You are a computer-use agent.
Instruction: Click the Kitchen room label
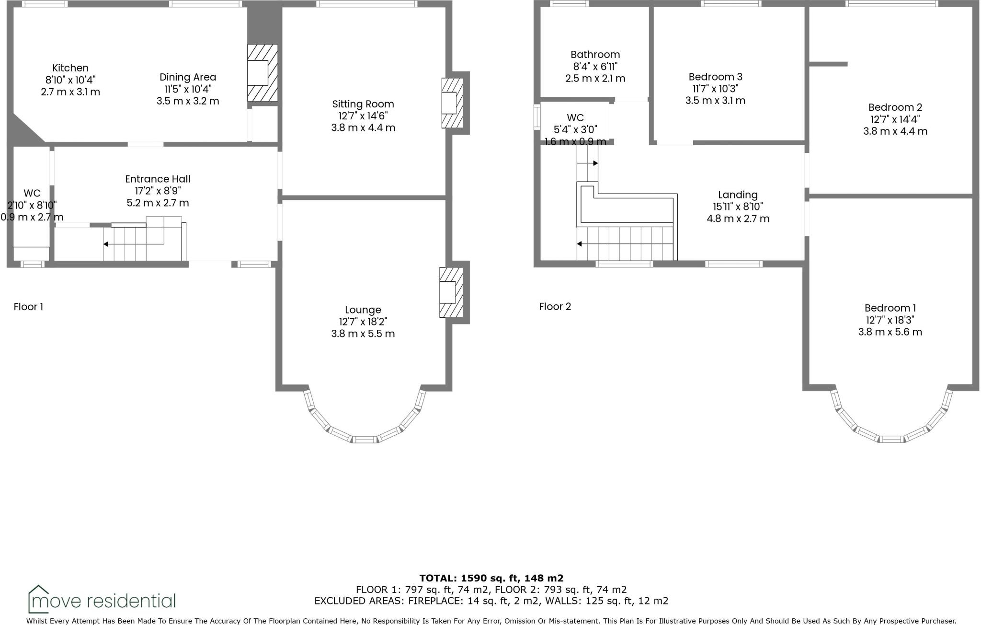coord(70,68)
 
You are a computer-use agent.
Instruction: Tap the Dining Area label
coord(188,77)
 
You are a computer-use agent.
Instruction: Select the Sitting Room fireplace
coord(451,103)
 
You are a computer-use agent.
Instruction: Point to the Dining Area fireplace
coord(262,73)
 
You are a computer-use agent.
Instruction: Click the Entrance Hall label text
coord(158,179)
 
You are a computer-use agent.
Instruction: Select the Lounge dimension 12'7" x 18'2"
coord(363,322)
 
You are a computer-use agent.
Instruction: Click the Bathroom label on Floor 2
coord(595,55)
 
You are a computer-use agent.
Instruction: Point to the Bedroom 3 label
coord(715,77)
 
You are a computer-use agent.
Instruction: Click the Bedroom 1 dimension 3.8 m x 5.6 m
coord(890,332)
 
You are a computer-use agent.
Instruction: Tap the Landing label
coord(738,195)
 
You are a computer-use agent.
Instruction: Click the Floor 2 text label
coord(555,307)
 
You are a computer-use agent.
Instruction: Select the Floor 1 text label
coord(28,307)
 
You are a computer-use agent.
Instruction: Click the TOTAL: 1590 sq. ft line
coord(491,578)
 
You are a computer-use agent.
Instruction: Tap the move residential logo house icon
coord(38,599)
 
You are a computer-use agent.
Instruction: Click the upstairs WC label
coord(575,118)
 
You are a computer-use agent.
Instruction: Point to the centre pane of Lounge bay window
coord(365,440)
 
